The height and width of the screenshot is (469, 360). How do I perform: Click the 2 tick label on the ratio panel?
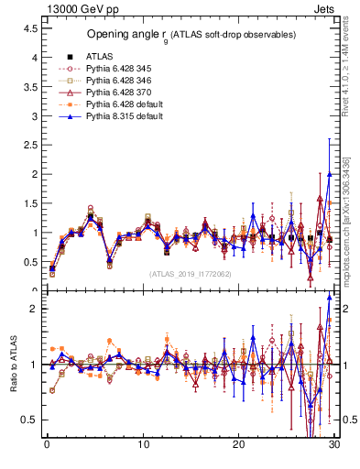(x=33, y=309)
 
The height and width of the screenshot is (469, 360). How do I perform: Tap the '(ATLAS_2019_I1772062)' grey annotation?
(x=191, y=274)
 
